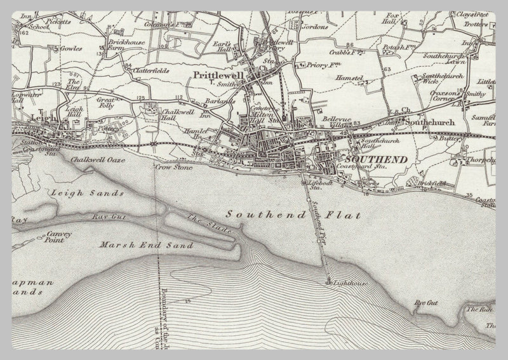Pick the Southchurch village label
pyautogui.click(x=431, y=121)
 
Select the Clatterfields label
pyautogui.click(x=150, y=71)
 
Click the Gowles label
pyautogui.click(x=71, y=48)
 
